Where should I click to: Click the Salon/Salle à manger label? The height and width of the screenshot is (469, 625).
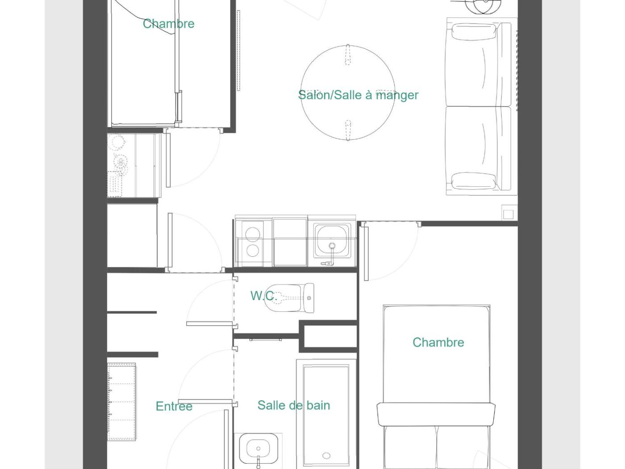(x=358, y=96)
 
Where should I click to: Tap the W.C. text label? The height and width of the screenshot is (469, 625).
(x=264, y=296)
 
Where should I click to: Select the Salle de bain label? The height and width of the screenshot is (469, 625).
(x=294, y=405)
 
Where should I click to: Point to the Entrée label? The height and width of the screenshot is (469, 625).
(x=174, y=406)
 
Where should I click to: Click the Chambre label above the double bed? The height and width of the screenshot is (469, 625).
(x=438, y=342)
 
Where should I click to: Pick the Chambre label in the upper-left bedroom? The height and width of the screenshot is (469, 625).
(x=169, y=24)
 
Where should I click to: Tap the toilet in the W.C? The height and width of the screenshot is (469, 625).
(x=289, y=298)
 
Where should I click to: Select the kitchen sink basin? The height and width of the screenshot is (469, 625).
(x=332, y=240)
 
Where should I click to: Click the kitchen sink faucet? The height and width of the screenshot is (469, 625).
(x=331, y=255)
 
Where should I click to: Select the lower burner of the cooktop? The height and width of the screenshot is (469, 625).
(x=253, y=251)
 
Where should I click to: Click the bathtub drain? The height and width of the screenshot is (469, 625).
(x=326, y=456)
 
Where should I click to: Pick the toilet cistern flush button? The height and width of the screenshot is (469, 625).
(x=309, y=298)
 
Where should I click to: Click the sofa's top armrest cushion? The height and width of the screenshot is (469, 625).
(x=474, y=32)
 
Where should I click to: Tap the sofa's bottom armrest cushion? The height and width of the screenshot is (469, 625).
(x=474, y=180)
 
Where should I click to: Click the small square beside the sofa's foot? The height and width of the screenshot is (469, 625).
(x=508, y=214)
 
